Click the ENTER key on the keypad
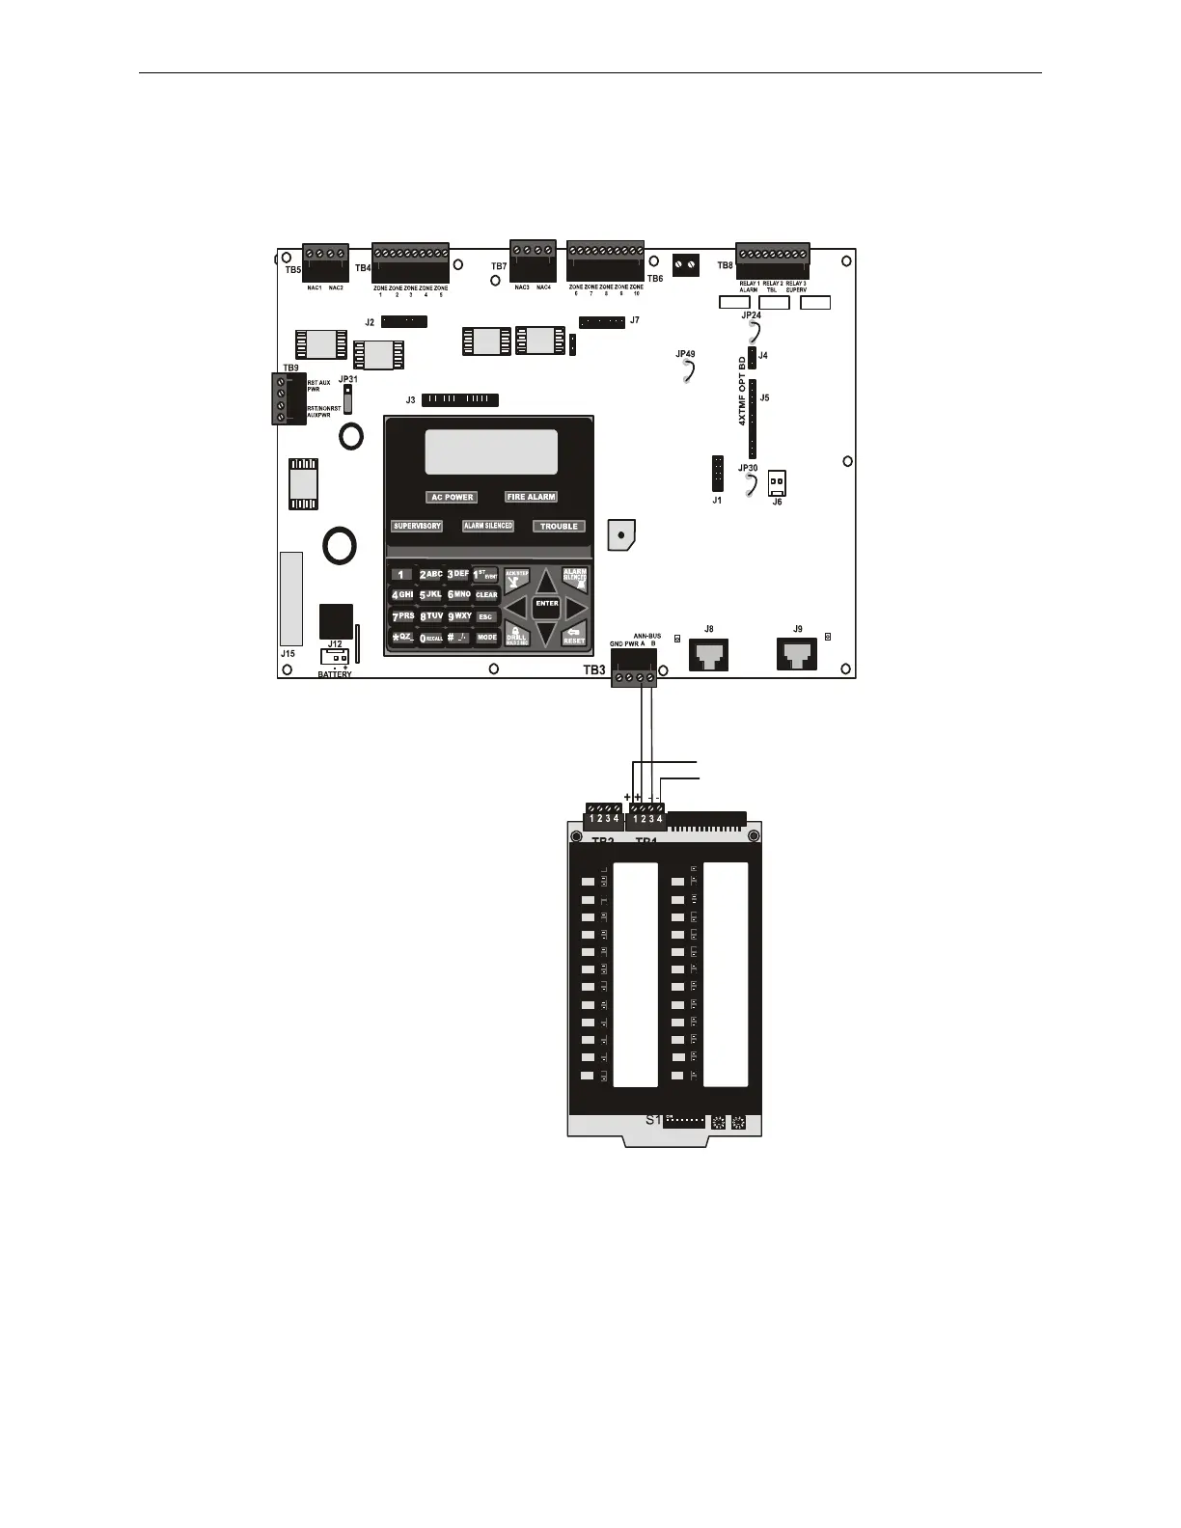[x=547, y=604]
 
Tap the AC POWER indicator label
[x=452, y=497]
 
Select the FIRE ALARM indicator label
[x=531, y=497]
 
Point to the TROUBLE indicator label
[x=559, y=526]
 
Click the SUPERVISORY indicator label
[x=417, y=526]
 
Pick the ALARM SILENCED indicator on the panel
[x=488, y=526]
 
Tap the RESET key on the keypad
[x=574, y=635]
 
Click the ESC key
[x=485, y=616]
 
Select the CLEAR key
[x=486, y=595]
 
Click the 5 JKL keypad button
[x=430, y=595]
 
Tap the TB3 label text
[x=594, y=669]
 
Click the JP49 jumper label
[x=685, y=355]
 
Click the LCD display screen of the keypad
[x=491, y=451]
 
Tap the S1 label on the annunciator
[x=653, y=1120]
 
